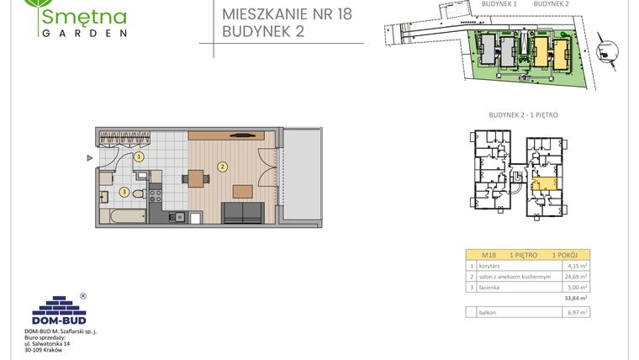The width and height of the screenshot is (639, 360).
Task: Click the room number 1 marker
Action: pos(140,156)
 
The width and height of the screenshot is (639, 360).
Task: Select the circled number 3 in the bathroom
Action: pos(124,192)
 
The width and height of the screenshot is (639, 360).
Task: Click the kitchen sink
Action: pos(177,218)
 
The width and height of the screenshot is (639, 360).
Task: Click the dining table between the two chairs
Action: pos(195,178)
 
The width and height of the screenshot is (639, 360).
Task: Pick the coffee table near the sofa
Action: pos(241,189)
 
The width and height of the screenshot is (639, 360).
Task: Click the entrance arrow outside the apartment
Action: pos(88,157)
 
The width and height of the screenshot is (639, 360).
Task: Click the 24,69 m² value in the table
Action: pos(576,276)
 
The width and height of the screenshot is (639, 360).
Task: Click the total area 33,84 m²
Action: pos(575,297)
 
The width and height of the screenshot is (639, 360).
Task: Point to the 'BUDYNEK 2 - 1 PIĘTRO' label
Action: pos(523,114)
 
